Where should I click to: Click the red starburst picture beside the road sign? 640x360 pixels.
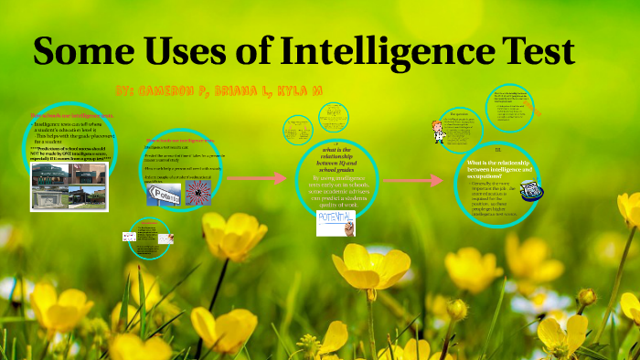198,192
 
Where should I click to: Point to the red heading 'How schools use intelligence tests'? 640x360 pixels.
72,116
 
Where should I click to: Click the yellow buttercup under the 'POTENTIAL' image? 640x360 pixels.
369,270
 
